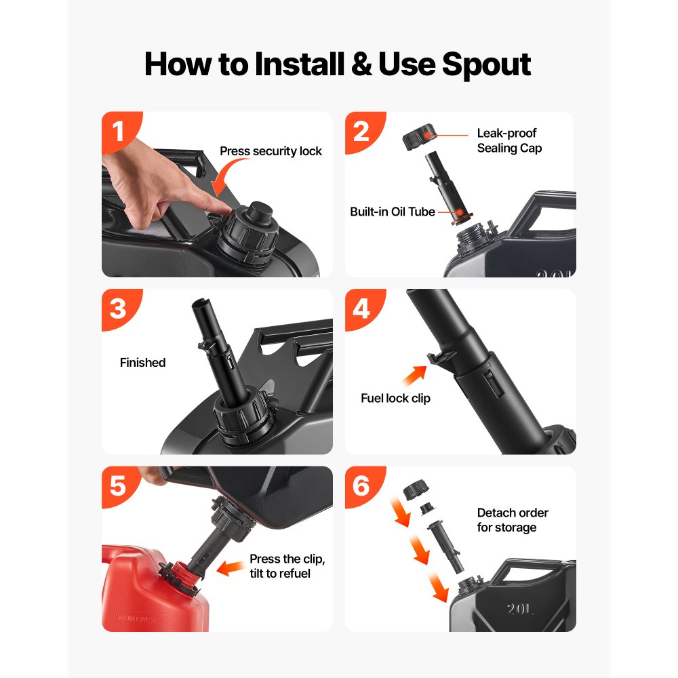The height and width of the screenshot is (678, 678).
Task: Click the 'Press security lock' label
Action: coord(271,151)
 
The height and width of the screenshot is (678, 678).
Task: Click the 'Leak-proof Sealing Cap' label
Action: coord(509,140)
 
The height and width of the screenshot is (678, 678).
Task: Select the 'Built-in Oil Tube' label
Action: coord(392,212)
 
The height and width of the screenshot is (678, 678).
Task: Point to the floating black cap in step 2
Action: coord(418,137)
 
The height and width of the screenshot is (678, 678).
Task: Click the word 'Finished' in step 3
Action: coord(142,362)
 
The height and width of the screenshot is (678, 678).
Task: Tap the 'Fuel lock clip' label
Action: coord(396,398)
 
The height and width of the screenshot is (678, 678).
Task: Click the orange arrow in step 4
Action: coord(414,376)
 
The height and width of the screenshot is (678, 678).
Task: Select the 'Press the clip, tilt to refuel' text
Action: coord(287,566)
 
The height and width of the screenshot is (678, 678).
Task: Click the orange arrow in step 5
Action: coord(231,567)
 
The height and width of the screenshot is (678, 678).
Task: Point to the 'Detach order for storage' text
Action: coord(513,520)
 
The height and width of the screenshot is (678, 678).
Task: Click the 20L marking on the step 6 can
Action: coord(520,609)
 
